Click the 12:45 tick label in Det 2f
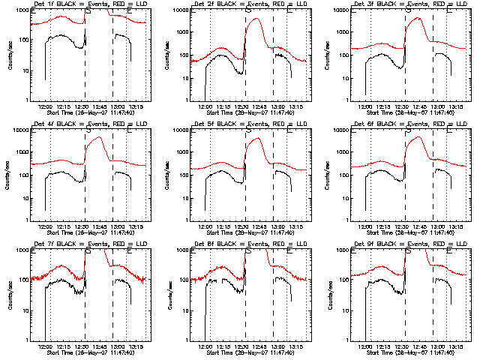pyautogui.click(x=259, y=106)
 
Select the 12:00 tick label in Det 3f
pyautogui.click(x=365, y=106)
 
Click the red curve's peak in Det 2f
pyautogui.click(x=257, y=19)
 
